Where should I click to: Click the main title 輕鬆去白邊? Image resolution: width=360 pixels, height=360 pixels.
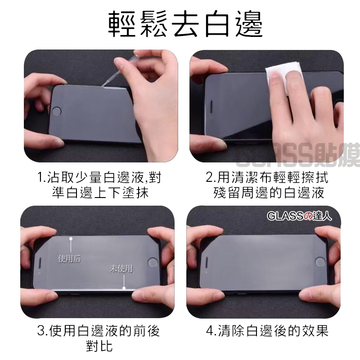(x=185, y=24)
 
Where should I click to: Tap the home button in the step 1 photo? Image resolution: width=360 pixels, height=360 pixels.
(x=57, y=111)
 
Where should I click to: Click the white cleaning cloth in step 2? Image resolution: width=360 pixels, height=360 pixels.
(x=277, y=73)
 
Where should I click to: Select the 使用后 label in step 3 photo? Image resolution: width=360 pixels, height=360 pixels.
(x=70, y=258)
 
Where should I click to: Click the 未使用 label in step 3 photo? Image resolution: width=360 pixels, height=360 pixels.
(x=121, y=268)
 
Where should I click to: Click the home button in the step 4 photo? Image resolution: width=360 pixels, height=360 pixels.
(x=320, y=262)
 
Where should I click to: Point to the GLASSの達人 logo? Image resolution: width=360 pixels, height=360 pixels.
(x=299, y=216)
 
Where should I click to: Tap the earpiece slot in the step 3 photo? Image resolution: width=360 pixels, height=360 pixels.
(x=41, y=263)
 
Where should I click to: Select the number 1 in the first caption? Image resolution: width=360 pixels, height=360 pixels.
(x=40, y=177)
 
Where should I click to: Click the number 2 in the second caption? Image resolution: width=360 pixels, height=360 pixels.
(x=210, y=177)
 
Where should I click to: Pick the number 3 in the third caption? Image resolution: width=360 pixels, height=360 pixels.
(x=41, y=331)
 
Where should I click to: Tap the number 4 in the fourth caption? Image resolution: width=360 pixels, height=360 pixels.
(x=210, y=331)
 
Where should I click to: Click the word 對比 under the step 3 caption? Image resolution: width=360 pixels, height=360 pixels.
(x=99, y=346)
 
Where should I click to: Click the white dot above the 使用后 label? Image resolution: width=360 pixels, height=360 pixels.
(x=71, y=239)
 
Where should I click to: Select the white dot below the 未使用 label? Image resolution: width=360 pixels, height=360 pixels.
(x=124, y=288)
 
